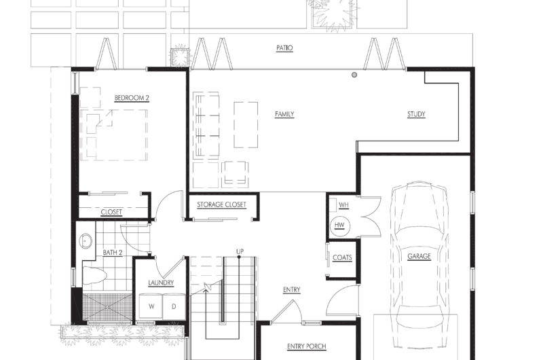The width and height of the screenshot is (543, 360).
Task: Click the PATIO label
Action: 284,48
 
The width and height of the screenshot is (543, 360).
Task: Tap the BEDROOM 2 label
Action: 132,98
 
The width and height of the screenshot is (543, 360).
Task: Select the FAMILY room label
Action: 284,114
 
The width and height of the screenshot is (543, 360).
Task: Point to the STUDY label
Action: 416,114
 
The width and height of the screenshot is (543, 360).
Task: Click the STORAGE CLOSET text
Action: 222,204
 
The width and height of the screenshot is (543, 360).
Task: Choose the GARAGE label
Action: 419,256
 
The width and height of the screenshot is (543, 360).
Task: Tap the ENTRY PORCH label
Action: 307,346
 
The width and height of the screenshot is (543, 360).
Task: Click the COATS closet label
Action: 342,258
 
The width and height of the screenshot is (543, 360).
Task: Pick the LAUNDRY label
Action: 161,283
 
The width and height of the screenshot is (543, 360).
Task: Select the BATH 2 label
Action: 113,253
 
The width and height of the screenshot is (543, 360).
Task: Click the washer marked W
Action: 151,306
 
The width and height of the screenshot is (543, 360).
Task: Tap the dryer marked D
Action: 174,306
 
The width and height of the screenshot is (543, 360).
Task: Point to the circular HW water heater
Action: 339,226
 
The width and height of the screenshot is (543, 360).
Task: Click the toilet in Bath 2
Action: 94,276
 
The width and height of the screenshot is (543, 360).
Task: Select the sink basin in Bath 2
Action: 86,241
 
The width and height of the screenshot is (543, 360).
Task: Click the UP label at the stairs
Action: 240,251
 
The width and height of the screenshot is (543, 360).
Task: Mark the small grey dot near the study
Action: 354,75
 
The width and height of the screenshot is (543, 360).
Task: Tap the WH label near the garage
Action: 343,205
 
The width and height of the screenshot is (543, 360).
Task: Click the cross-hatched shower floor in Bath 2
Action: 107,307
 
